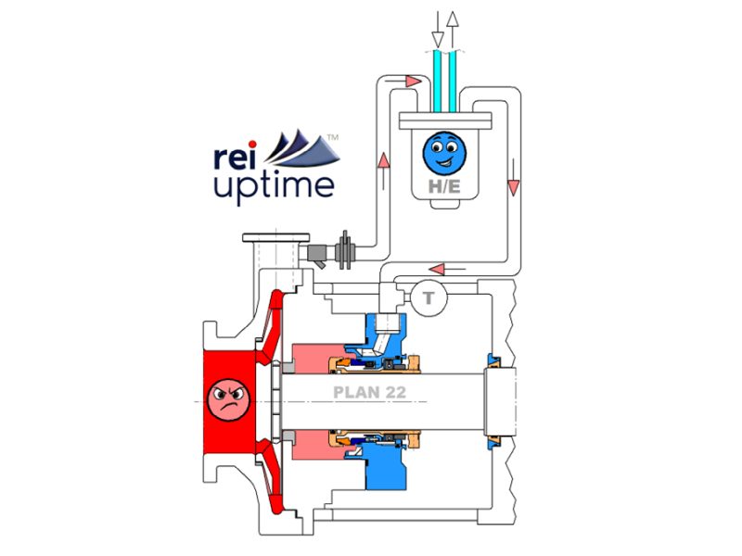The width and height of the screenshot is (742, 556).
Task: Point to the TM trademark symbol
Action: click(334, 137)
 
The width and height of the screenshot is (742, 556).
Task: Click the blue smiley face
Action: click(443, 152)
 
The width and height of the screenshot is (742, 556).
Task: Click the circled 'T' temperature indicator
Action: click(429, 297)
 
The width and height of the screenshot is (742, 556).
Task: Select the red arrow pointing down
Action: click(512, 188)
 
